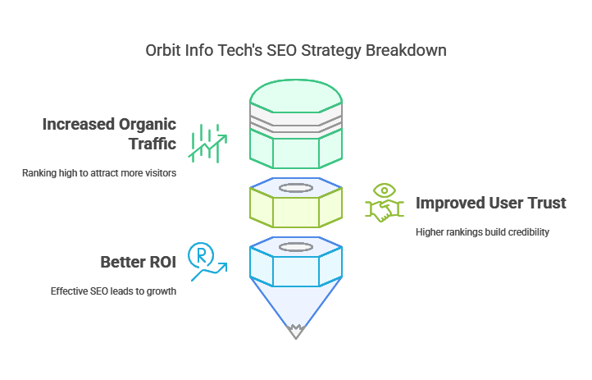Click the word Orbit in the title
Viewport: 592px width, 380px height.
coord(164,50)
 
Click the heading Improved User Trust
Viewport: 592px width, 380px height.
coord(490,204)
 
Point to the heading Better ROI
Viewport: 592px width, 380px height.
coord(138,263)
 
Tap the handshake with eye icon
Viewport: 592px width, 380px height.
coord(384,202)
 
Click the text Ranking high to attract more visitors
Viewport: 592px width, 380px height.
coord(98,173)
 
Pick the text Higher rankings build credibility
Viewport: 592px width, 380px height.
coord(482,231)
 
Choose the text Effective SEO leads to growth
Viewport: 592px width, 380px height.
coord(113,291)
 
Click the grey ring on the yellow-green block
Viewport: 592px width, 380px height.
coord(296,188)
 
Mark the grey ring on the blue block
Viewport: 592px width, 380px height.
coord(296,247)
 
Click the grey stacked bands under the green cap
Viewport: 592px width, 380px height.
coord(296,124)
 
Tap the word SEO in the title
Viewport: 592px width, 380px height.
coord(283,50)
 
